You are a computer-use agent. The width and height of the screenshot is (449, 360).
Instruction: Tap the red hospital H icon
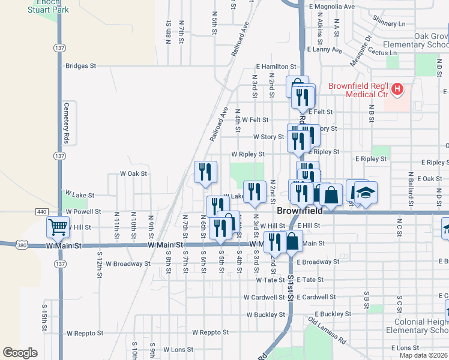click(397, 90)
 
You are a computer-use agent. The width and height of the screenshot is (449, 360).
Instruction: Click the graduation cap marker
click(366, 193)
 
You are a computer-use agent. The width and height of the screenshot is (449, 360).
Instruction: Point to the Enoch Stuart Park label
click(49, 5)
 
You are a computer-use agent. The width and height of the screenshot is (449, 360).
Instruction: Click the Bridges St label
click(80, 66)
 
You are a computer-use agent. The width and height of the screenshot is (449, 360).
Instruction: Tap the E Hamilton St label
click(276, 67)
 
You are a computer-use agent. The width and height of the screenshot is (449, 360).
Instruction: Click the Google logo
click(20, 352)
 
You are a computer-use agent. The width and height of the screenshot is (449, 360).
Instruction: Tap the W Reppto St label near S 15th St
click(85, 333)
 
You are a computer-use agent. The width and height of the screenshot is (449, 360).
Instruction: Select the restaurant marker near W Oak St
click(205, 172)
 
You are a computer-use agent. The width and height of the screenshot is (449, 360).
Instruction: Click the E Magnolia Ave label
click(332, 7)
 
